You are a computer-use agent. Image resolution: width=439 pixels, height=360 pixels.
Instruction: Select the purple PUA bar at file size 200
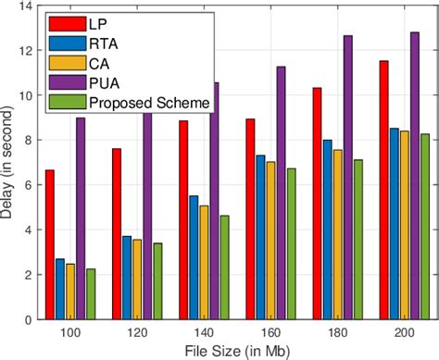pyautogui.click(x=414, y=176)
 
